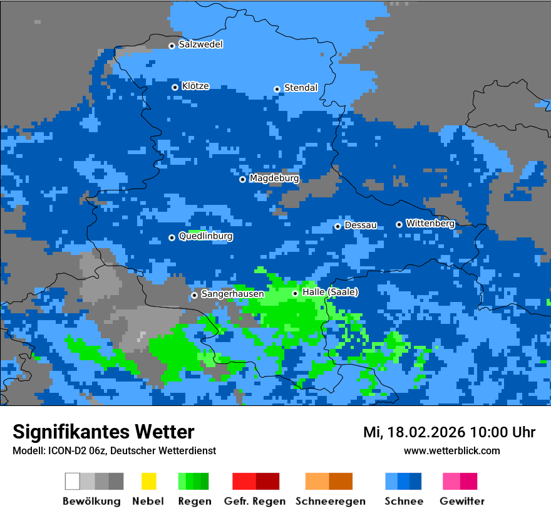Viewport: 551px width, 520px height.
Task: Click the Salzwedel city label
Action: (200, 44)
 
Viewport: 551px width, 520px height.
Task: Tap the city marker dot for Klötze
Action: (175, 87)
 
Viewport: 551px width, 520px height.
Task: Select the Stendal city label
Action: (301, 88)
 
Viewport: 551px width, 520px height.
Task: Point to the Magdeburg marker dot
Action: (243, 179)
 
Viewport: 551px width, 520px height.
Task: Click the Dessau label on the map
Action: (361, 225)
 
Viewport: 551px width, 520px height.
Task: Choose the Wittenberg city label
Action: (430, 223)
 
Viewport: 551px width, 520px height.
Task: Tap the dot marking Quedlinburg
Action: (172, 237)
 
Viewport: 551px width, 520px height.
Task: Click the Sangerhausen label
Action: (232, 294)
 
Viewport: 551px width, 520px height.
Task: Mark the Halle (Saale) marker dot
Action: (295, 293)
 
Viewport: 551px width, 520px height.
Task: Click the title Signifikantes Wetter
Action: (103, 432)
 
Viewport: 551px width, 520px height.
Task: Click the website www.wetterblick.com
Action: (451, 450)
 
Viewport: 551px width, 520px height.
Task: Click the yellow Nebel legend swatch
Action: (148, 481)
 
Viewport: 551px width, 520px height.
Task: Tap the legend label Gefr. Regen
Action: (255, 501)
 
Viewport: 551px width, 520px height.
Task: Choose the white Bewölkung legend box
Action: (73, 481)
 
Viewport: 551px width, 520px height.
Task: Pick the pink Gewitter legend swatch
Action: (451, 481)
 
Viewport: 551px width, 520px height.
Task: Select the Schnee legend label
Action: (403, 501)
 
